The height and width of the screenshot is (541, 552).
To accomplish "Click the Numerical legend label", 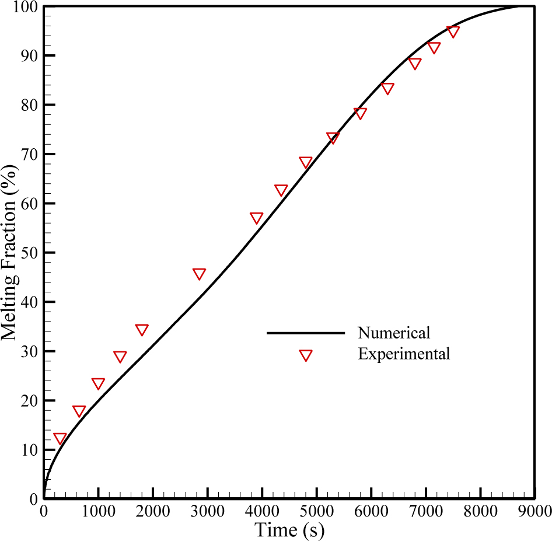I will [394, 333].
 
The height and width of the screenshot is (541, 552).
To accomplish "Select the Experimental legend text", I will [404, 354].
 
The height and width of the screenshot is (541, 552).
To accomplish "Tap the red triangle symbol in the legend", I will [305, 355].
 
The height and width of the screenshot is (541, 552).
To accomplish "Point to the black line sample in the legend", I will [305, 333].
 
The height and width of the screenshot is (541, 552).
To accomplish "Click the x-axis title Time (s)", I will [289, 530].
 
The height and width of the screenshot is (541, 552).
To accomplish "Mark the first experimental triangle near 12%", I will [60, 438].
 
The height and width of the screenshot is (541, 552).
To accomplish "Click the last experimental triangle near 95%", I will [453, 31].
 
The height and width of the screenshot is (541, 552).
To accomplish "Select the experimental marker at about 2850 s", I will [199, 274].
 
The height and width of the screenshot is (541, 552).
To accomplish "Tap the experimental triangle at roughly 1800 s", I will [142, 329].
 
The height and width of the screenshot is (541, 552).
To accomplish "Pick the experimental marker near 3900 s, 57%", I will [256, 218].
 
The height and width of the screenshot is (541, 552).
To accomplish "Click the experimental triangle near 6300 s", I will [387, 88].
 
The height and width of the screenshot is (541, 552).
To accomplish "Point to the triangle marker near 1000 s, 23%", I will [98, 383].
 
